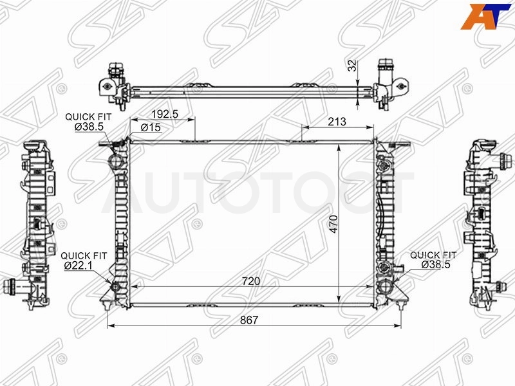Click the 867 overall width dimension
click(249, 320)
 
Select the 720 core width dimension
click(251, 281)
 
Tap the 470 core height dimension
click(333, 224)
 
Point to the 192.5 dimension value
click(165, 114)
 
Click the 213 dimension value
click(337, 122)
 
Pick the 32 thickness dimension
click(351, 66)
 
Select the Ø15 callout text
click(151, 127)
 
